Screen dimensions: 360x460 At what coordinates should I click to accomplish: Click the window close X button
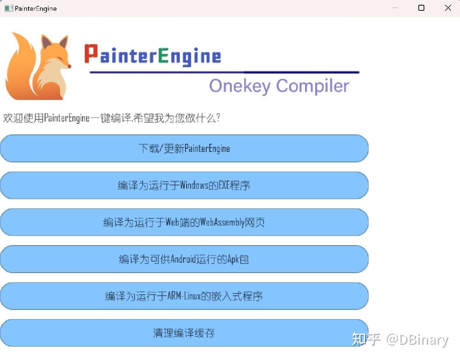coord(448,8)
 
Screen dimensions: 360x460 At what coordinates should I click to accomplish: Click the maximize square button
coord(421,8)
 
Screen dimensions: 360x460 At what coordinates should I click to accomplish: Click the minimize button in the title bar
coord(395,8)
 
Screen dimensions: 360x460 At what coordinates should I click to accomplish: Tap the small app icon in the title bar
coord(9,8)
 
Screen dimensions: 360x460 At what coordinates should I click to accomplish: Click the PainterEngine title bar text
coord(36,9)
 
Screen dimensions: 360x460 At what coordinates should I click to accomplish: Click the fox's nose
coord(69,67)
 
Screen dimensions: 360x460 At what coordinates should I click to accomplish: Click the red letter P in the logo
coord(91,53)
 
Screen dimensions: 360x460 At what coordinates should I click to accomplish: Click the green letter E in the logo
coord(163,56)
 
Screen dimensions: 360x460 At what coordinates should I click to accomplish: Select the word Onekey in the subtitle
coord(240,86)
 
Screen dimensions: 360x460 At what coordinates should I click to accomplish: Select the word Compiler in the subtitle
coord(312,86)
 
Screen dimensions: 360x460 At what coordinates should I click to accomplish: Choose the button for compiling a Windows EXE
coord(184,185)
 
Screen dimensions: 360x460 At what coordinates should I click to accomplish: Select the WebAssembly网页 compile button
coord(184,222)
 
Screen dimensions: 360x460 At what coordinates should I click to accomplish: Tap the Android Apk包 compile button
coord(184,259)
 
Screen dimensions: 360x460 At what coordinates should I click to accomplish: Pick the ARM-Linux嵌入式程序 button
coord(184,296)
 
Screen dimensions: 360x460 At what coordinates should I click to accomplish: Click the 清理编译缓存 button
coord(184,333)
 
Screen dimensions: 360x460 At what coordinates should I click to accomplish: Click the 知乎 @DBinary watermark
coord(400,340)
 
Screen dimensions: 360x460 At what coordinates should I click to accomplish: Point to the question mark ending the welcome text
coord(218,118)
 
